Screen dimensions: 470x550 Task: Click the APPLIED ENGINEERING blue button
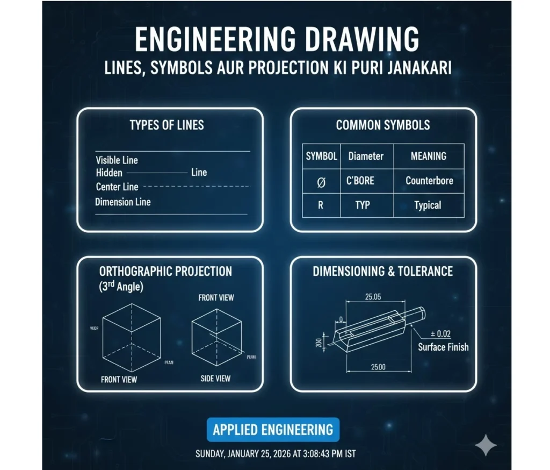click(273, 430)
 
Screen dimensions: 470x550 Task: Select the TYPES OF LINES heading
click(167, 125)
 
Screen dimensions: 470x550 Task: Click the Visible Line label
click(117, 160)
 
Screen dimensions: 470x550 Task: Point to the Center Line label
click(117, 187)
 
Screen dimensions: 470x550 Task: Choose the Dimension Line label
click(122, 202)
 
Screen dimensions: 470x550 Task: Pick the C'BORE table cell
click(360, 181)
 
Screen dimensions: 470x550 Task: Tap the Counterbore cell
click(429, 181)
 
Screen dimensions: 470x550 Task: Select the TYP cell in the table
click(363, 205)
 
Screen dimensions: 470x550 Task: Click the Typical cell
click(428, 205)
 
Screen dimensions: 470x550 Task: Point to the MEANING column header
click(428, 156)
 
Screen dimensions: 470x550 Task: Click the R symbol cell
click(321, 205)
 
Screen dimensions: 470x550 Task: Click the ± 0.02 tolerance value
click(440, 334)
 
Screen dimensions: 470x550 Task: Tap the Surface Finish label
click(443, 347)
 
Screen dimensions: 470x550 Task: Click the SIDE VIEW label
click(215, 379)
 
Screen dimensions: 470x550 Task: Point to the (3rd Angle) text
click(121, 287)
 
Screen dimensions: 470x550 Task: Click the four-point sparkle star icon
click(486, 446)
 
